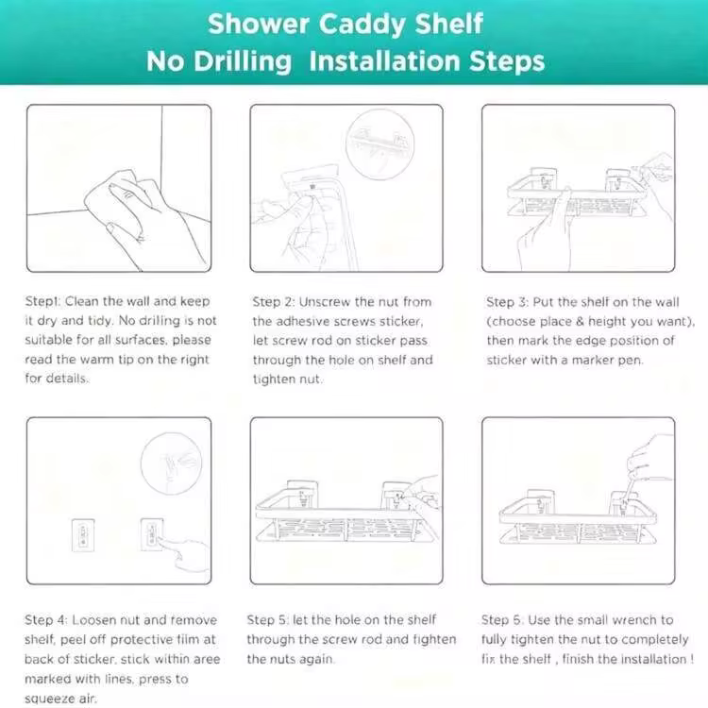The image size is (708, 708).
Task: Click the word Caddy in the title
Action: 362,25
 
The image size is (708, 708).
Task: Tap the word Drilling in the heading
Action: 243,61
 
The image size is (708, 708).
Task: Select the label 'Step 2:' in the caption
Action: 273,302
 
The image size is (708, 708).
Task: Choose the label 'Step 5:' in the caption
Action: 267,620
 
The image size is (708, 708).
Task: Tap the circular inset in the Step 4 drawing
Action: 171,464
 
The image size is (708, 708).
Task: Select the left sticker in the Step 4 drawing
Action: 83,535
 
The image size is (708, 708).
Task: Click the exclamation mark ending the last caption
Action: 692,659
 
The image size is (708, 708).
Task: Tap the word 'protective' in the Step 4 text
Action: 142,640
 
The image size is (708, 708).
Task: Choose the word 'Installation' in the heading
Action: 386,61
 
